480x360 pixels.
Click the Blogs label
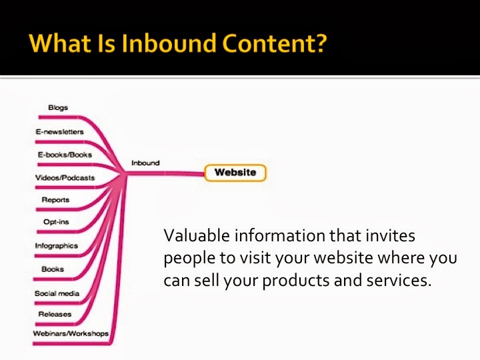pyautogui.click(x=58, y=107)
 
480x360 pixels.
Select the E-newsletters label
pyautogui.click(x=59, y=131)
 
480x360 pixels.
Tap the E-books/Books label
pyautogui.click(x=64, y=155)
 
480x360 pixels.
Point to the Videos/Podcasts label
pyautogui.click(x=65, y=177)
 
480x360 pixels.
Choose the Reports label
pyautogui.click(x=55, y=200)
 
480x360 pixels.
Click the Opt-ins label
pyautogui.click(x=54, y=223)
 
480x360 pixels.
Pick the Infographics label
pyautogui.click(x=56, y=246)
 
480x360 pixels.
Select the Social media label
pyautogui.click(x=57, y=293)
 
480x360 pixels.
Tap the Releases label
pyautogui.click(x=55, y=314)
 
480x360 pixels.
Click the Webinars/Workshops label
pyautogui.click(x=71, y=333)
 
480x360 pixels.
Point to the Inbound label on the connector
pyautogui.click(x=145, y=163)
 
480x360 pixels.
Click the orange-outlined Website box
pyautogui.click(x=235, y=173)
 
